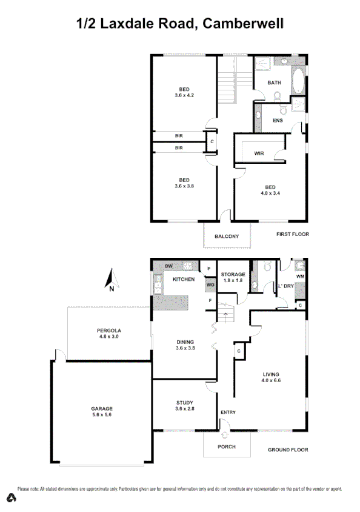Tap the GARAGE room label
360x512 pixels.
point(93,408)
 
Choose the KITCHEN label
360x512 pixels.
point(184,279)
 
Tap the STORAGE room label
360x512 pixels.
point(233,274)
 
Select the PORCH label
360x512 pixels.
point(226,446)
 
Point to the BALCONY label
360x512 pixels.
point(227,237)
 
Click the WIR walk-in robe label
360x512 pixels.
point(259,153)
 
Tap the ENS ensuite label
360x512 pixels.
point(277,120)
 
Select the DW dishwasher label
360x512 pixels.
point(161,266)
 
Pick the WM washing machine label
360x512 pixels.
point(301,277)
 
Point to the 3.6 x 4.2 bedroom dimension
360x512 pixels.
point(184,95)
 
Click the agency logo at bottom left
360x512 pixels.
point(11,499)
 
